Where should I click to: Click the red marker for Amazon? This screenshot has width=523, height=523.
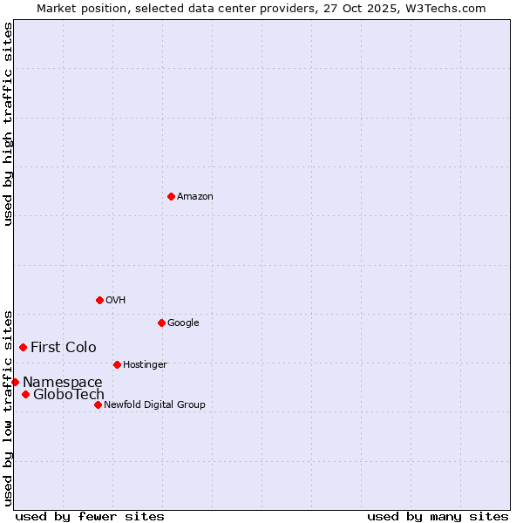coord(171,196)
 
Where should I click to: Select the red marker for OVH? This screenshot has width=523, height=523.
coord(99,300)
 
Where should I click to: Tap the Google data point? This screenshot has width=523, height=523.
coord(161,323)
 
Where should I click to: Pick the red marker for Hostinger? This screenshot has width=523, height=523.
coord(117,364)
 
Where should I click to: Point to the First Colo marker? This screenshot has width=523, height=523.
coord(23,347)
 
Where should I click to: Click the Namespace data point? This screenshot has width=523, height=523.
coord(15,382)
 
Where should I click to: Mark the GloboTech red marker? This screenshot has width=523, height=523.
coord(25,394)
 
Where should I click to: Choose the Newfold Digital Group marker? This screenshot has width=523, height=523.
coord(98,404)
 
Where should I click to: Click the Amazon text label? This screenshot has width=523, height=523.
coord(195,196)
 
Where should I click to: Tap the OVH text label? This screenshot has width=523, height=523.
coord(116,300)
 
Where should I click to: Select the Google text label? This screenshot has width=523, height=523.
coord(183,323)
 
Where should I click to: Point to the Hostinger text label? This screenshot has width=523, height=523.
coord(145,364)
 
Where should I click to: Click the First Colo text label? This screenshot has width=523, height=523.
coord(64,347)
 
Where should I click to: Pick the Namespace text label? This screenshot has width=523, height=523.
coord(63,382)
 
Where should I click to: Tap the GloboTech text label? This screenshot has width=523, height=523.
coord(69,394)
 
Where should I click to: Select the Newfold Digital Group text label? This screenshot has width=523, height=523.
coord(154,404)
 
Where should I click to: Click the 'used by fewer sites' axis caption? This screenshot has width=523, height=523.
coord(90,516)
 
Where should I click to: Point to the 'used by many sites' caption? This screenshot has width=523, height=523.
coord(438,516)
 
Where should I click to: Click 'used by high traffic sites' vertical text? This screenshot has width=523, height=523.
coord(8,125)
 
